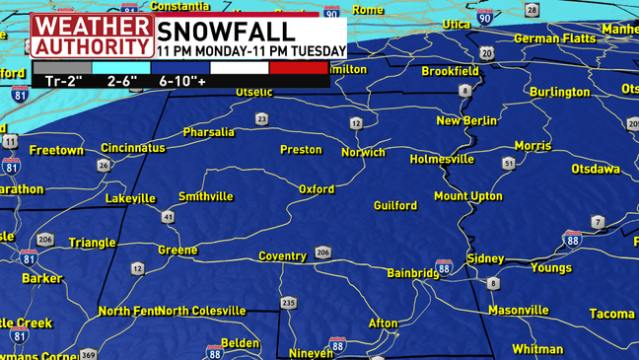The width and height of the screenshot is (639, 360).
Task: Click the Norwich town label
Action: tap(363, 153)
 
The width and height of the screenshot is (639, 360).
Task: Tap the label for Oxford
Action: tap(317, 189)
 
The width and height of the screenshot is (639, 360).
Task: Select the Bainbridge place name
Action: tap(412, 272)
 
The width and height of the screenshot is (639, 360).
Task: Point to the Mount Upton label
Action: tap(468, 196)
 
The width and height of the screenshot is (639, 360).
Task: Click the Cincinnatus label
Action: tap(133, 147)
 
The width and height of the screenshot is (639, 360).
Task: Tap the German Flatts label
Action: tap(555, 38)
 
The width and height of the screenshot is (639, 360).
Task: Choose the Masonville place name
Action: tap(518, 310)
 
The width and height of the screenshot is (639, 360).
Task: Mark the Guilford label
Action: tap(395, 206)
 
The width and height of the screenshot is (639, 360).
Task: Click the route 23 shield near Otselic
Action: tap(261, 119)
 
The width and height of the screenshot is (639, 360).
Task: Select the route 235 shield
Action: tap(288, 303)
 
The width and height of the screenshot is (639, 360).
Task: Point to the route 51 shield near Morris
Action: tap(509, 163)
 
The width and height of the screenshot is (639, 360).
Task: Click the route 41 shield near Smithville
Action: tap(169, 216)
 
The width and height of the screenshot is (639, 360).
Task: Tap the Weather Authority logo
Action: tap(92, 35)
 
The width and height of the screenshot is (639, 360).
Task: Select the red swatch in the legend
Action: tap(298, 68)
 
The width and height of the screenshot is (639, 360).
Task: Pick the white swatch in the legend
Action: tap(240, 68)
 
